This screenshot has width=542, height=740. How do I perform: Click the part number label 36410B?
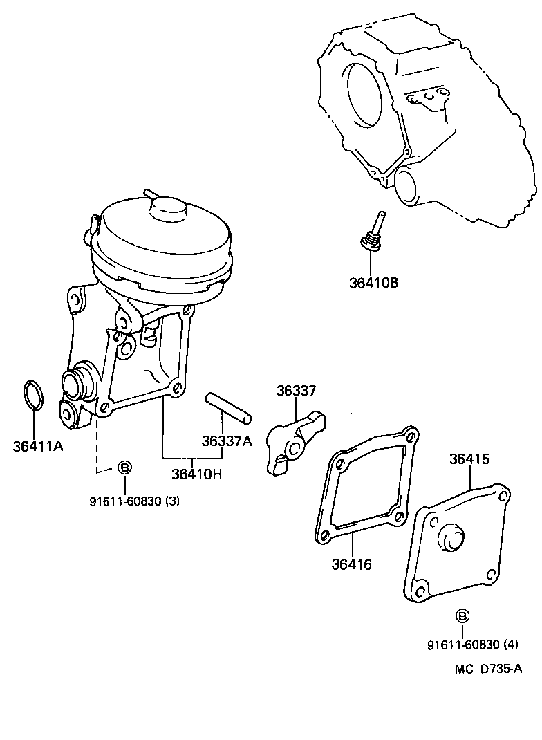point(373,282)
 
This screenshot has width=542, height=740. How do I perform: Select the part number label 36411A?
point(38,445)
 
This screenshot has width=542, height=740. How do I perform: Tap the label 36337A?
point(227,441)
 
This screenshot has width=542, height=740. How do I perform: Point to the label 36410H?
point(197,474)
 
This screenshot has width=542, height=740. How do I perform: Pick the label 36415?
point(469,459)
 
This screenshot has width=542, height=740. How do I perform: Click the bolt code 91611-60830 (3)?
point(134,501)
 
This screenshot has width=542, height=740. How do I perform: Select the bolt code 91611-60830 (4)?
point(472,645)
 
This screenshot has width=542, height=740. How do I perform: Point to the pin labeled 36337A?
point(229,407)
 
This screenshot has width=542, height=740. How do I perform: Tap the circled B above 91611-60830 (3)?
point(125,468)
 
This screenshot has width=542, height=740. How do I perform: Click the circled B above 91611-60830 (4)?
point(462,616)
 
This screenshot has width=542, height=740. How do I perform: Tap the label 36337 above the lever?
point(296,391)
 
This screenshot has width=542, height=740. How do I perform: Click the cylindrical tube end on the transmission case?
point(411,185)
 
